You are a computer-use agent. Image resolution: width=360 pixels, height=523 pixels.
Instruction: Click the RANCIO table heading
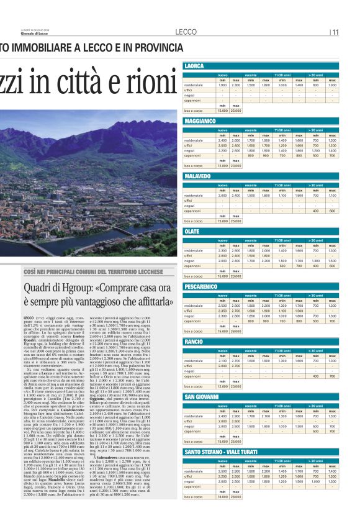coord(194,342)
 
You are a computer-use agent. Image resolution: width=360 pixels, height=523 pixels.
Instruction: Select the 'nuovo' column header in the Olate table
coord(222,239)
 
